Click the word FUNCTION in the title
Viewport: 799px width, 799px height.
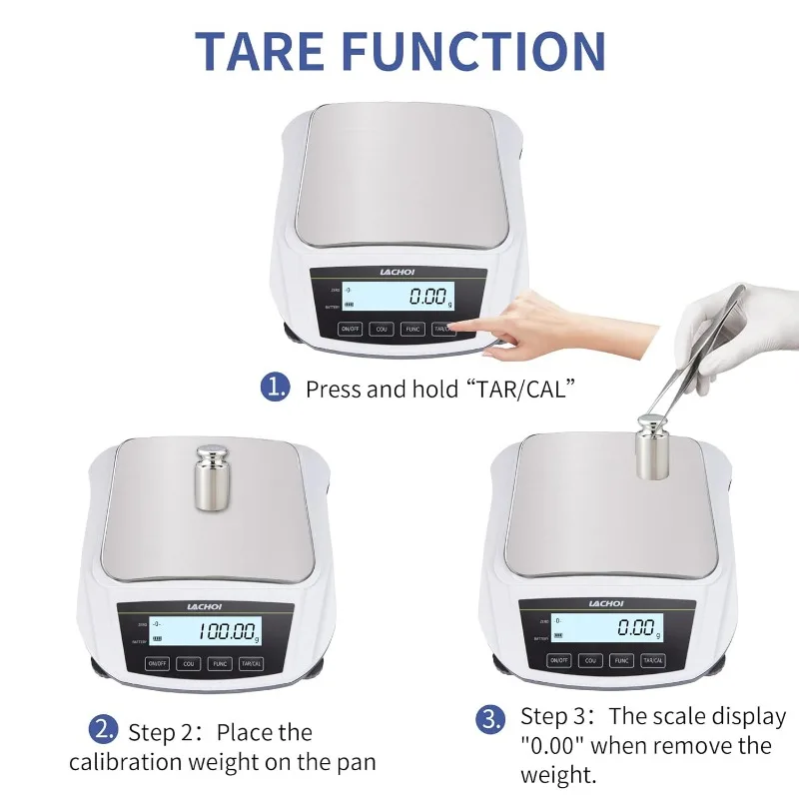[x=482, y=52]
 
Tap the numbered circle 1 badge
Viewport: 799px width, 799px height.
[x=275, y=388]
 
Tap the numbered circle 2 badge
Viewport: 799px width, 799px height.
[x=104, y=731]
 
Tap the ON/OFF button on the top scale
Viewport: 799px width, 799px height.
[x=351, y=328]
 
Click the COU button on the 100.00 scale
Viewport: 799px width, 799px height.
[x=189, y=662]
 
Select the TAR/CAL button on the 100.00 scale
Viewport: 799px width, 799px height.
[x=251, y=662]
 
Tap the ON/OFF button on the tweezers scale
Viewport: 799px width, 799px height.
[x=559, y=660]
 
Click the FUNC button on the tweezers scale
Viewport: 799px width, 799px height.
[x=621, y=660]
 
